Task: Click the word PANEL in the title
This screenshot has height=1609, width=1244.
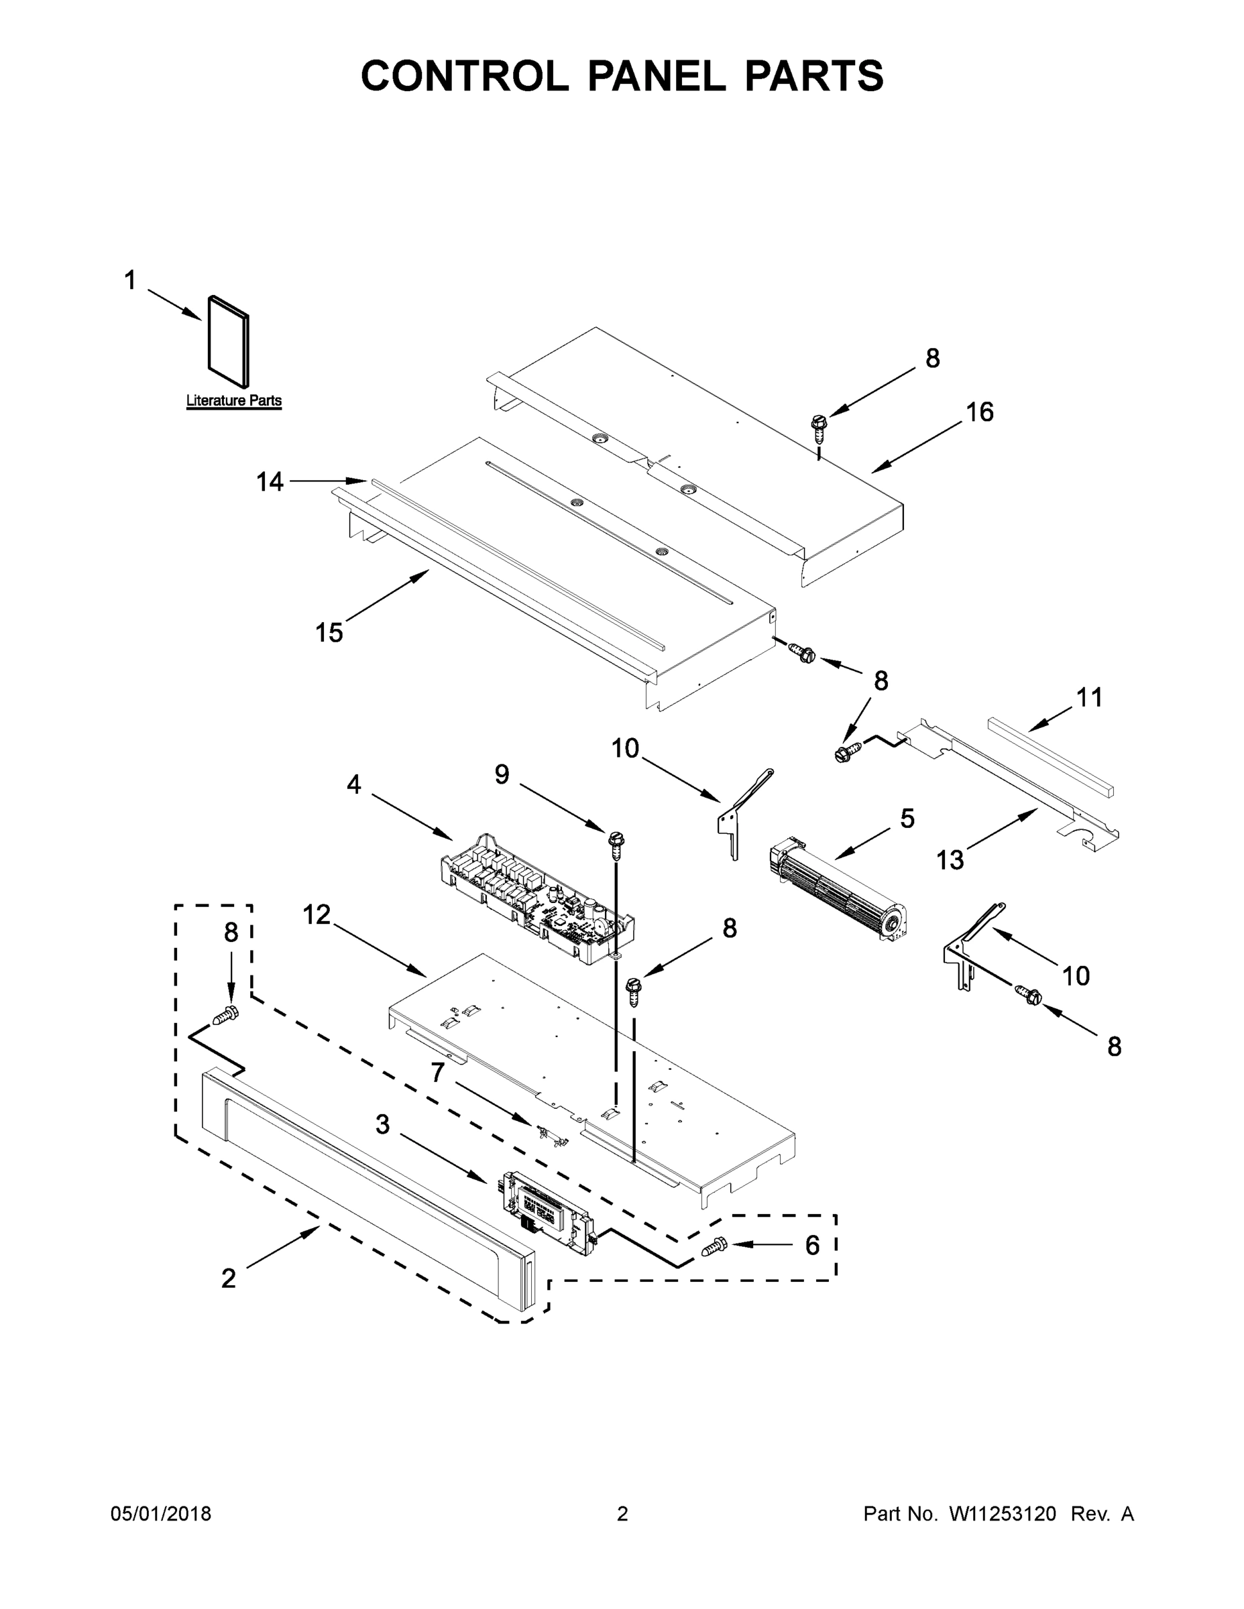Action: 656,76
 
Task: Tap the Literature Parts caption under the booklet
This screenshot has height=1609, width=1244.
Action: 233,401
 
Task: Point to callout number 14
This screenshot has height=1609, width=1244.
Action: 270,482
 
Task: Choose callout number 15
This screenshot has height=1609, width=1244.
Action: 329,632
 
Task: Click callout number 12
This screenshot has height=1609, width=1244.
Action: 317,915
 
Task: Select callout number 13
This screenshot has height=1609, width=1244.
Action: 950,859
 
